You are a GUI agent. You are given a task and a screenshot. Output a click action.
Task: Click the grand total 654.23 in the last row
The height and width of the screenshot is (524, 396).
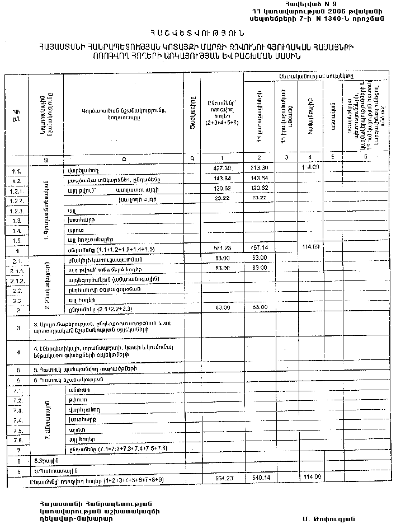[223, 480]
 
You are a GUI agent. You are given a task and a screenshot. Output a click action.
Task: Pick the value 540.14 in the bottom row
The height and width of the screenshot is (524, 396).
[258, 480]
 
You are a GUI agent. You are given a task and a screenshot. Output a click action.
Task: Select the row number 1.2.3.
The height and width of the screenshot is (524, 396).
[16, 210]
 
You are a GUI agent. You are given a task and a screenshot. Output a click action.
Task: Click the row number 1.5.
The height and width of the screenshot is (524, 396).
[16, 240]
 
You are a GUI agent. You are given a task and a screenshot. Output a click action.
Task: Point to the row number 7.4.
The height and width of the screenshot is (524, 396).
[16, 420]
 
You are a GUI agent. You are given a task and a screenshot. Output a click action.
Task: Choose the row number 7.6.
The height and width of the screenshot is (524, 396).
[16, 440]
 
